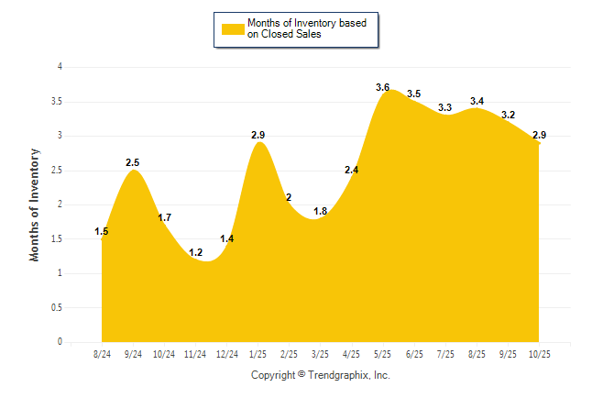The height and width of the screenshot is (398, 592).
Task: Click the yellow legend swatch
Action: (231, 28)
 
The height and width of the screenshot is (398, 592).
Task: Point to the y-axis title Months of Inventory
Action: (35, 205)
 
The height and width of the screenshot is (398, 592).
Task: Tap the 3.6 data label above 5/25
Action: (383, 87)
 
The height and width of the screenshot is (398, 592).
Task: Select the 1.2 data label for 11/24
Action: (195, 252)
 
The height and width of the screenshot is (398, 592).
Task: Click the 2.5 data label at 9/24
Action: (134, 162)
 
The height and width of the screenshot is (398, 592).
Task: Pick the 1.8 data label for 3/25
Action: (321, 211)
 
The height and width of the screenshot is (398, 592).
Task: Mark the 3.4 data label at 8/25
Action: (477, 101)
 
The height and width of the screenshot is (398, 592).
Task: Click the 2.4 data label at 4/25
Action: (352, 170)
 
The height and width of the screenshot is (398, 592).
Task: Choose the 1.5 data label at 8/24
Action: (102, 231)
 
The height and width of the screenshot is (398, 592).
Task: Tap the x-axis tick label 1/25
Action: (258, 355)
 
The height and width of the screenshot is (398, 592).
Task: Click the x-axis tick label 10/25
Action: (540, 355)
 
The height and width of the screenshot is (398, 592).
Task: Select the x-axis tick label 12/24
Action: (227, 355)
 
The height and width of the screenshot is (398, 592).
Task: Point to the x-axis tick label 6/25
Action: (415, 355)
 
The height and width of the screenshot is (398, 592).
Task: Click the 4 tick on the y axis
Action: (60, 67)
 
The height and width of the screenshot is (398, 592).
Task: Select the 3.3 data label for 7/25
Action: (445, 107)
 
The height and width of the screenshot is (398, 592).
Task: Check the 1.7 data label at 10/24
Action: (165, 217)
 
